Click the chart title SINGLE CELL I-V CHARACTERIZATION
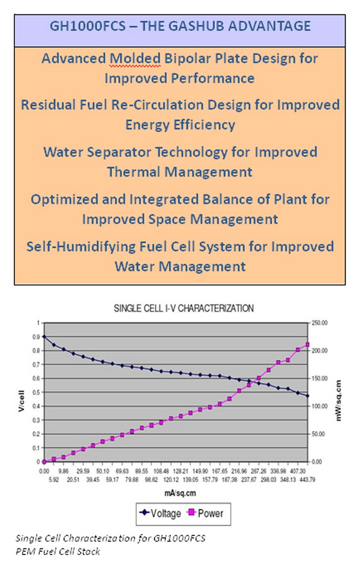184,309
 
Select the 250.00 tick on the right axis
320,323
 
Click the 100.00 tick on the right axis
320,406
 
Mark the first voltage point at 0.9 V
45,337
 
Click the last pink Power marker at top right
308,344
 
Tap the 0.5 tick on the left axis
37,392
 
